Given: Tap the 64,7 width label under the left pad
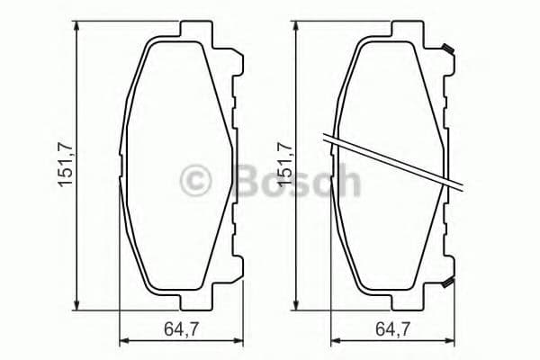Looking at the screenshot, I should (x=183, y=330).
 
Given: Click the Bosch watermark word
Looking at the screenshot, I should (x=296, y=182).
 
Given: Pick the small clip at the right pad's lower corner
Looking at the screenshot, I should (x=445, y=285).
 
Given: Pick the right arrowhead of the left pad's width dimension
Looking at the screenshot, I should (x=240, y=341).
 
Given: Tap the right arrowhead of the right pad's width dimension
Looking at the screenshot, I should (x=453, y=341).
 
